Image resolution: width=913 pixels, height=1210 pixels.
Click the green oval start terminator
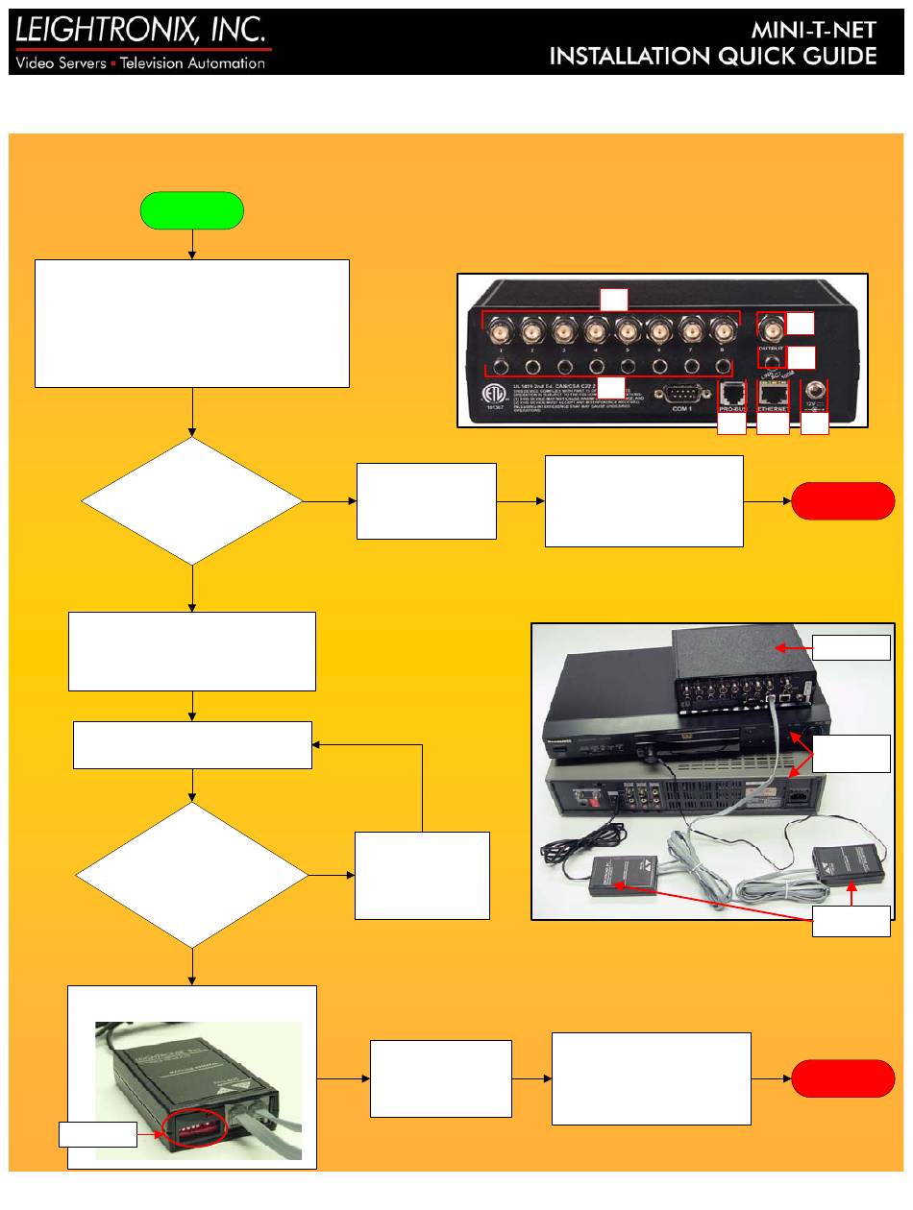192,210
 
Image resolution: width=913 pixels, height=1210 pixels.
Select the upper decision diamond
192,500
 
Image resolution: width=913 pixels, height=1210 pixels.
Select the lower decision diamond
192,875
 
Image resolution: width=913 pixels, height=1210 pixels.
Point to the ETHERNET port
773,392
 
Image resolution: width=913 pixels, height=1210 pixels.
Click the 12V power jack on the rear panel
817,392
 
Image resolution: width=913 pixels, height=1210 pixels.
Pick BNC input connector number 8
721,334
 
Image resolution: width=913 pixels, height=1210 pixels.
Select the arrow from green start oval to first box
192,244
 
